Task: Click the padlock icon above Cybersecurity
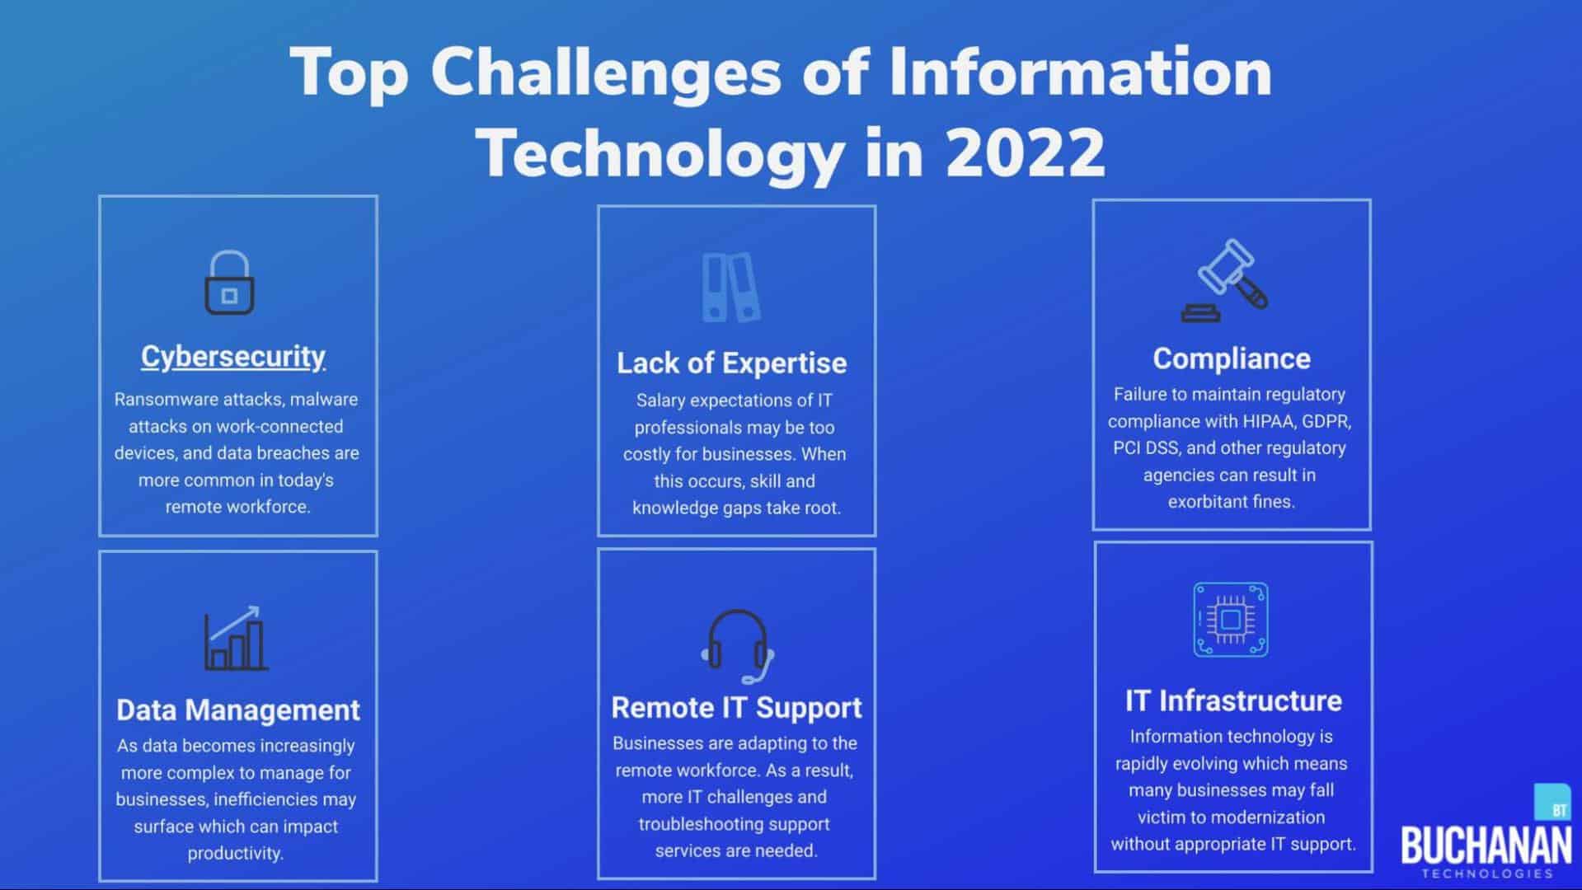[x=229, y=283]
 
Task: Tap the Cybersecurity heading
[x=233, y=357]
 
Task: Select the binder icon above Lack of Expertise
[x=731, y=287]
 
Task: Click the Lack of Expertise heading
[x=732, y=363]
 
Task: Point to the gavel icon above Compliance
[x=1225, y=280]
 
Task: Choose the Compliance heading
[x=1232, y=358]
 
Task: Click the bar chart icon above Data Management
[x=236, y=638]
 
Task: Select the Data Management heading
[x=238, y=710]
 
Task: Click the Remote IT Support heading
[x=736, y=707]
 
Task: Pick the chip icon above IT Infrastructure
[x=1231, y=620]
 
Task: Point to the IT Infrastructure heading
[x=1233, y=700]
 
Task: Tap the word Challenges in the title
[x=606, y=73]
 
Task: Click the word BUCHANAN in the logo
[x=1486, y=845]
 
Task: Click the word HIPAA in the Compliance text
[x=1270, y=422]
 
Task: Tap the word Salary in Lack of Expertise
[x=660, y=401]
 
